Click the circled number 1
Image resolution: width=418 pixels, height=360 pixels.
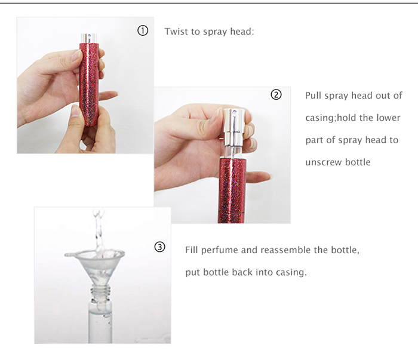(x=143, y=30)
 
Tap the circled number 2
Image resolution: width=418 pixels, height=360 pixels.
(x=276, y=94)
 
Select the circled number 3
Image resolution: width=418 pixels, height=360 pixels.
(x=159, y=247)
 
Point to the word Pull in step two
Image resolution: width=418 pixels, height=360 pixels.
(x=314, y=96)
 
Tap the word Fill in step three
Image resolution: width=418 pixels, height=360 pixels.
(x=192, y=250)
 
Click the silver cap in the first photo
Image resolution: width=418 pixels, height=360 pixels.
(x=89, y=38)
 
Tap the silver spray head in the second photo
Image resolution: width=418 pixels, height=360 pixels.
(x=234, y=127)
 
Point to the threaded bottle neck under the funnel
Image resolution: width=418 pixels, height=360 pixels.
(x=100, y=291)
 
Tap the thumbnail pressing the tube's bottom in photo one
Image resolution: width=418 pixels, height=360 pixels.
(x=75, y=110)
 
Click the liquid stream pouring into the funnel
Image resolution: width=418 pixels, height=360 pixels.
(x=99, y=231)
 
